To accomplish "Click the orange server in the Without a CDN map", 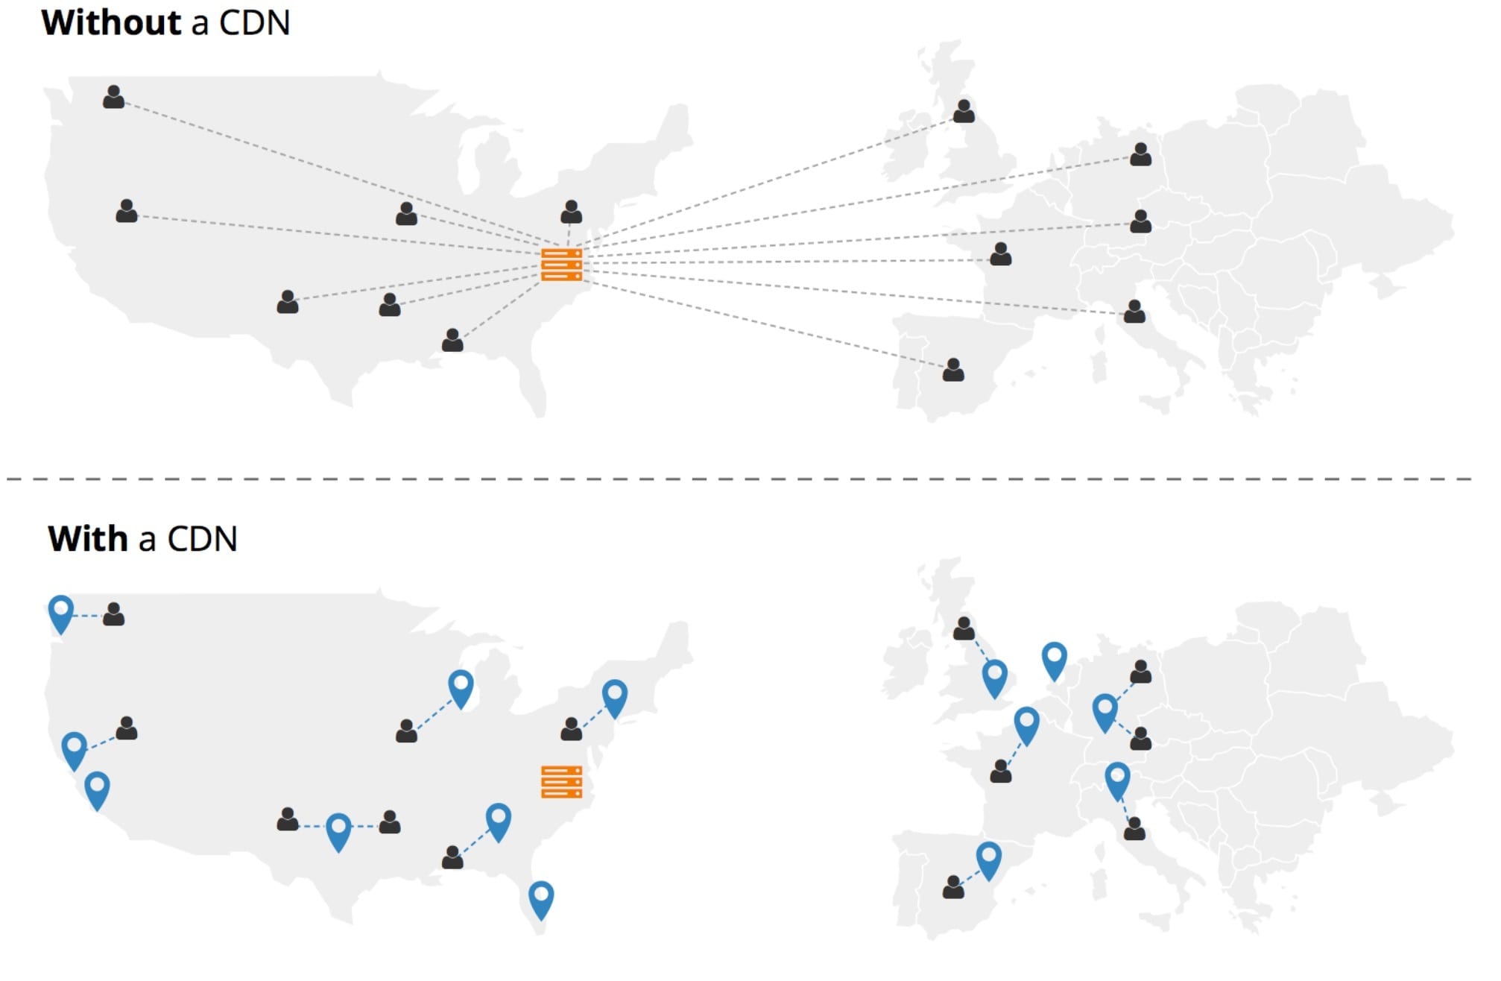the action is pyautogui.click(x=561, y=265).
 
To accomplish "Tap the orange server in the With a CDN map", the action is pyautogui.click(x=561, y=782).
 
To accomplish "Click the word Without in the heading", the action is pyautogui.click(x=111, y=22).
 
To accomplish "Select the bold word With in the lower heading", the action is pyautogui.click(x=88, y=538).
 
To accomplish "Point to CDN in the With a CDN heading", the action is pyautogui.click(x=202, y=538).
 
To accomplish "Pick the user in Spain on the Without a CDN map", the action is pyautogui.click(x=953, y=370).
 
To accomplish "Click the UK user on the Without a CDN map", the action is pyautogui.click(x=964, y=111).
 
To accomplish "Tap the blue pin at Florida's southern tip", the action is pyautogui.click(x=541, y=900).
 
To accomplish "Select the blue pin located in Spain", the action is pyautogui.click(x=988, y=861).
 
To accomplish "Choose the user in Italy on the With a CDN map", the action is pyautogui.click(x=1134, y=828).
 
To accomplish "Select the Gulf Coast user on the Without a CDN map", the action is pyautogui.click(x=452, y=340).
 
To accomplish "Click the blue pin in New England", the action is pyautogui.click(x=614, y=698).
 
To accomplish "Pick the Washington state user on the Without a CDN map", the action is pyautogui.click(x=113, y=97).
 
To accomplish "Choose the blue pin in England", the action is pyautogui.click(x=994, y=678).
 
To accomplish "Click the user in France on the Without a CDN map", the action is pyautogui.click(x=1000, y=254).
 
